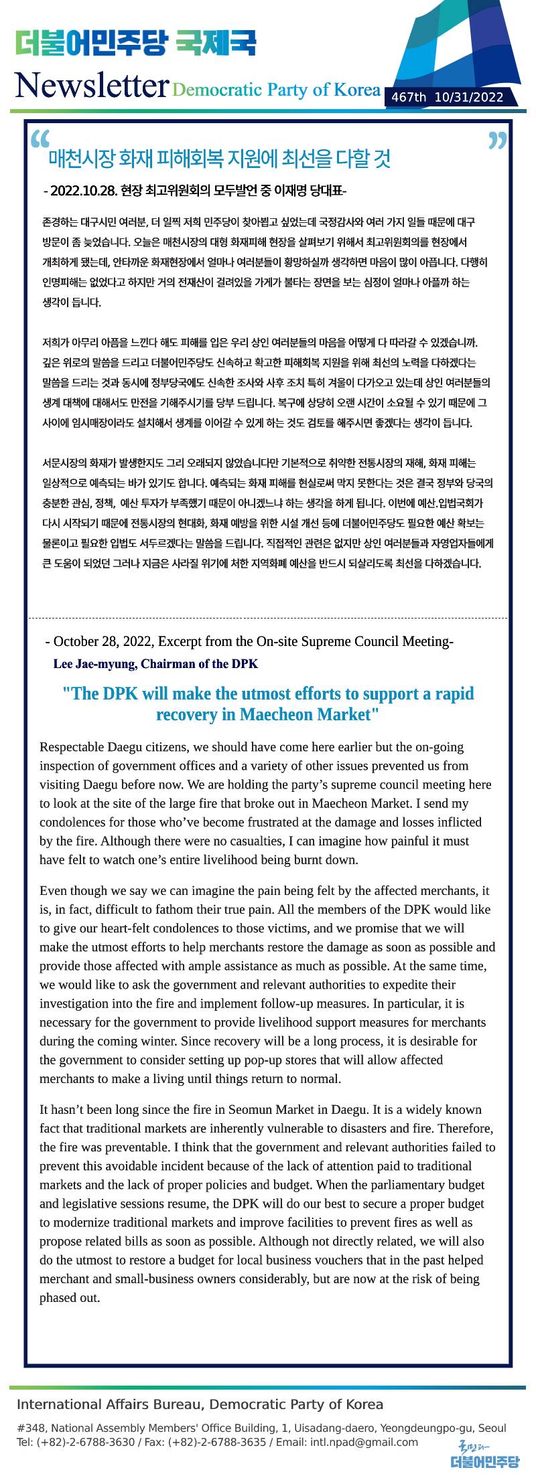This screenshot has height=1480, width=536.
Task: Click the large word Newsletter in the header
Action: point(91,85)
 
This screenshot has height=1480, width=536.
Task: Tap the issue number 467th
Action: point(409,98)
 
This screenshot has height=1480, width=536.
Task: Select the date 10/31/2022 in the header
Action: point(469,98)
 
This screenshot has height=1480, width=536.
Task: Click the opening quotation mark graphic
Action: point(40,139)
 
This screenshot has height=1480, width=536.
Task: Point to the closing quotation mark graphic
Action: point(497,141)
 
